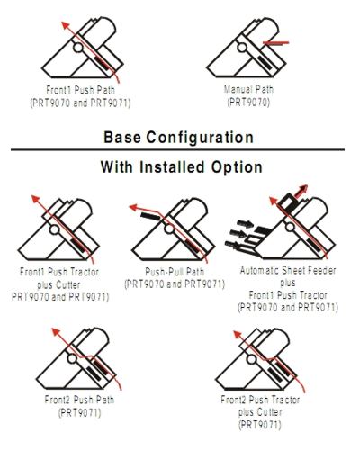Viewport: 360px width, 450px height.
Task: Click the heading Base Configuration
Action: click(x=179, y=138)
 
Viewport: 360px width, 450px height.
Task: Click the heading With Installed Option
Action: click(x=182, y=166)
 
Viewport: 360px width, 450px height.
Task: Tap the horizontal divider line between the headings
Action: click(x=177, y=149)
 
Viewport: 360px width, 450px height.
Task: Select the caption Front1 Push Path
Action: click(x=80, y=90)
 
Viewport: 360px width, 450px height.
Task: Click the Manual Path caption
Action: click(x=248, y=89)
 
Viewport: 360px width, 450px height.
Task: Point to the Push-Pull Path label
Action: click(x=175, y=272)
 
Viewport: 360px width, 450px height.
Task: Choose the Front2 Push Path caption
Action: click(x=79, y=400)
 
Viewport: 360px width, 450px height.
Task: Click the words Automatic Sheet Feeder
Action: click(x=288, y=271)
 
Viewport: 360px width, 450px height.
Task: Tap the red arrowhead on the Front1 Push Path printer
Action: click(x=66, y=25)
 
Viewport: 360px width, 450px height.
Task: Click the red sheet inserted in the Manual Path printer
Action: click(x=275, y=43)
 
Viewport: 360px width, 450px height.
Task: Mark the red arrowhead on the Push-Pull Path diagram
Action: click(x=133, y=207)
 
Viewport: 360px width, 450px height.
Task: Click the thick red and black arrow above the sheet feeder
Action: click(x=301, y=191)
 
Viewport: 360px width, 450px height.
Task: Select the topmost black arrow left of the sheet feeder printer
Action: click(x=245, y=224)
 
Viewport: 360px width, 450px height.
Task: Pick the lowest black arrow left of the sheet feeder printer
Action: click(x=233, y=245)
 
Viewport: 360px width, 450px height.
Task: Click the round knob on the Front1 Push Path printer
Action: click(x=78, y=47)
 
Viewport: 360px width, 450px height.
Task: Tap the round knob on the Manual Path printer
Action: click(x=242, y=48)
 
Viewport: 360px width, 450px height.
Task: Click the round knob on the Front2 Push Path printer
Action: click(x=72, y=358)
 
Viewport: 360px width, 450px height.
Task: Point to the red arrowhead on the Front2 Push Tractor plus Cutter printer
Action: click(x=238, y=335)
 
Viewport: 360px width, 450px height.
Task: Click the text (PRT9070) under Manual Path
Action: click(x=248, y=103)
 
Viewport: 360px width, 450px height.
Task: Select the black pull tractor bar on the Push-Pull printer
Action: click(x=150, y=216)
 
